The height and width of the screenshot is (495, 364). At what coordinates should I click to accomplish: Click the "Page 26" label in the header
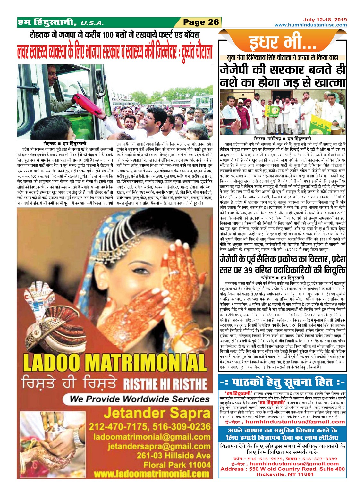click(201, 22)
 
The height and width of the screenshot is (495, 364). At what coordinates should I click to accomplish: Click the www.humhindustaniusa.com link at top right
click(310, 25)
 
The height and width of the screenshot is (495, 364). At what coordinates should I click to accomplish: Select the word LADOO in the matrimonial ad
click(51, 363)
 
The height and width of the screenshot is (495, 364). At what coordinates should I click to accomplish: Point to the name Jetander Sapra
click(157, 413)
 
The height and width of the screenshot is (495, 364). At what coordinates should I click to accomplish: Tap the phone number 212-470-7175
click(118, 427)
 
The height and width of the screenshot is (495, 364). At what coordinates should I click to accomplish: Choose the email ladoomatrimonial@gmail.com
click(152, 437)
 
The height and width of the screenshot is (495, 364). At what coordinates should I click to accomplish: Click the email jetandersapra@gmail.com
click(159, 446)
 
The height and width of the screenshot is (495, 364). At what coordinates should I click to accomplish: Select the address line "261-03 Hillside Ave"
click(174, 456)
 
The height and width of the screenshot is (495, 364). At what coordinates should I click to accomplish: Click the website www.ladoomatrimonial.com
click(151, 474)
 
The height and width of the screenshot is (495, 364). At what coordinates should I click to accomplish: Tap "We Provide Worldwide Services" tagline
click(140, 399)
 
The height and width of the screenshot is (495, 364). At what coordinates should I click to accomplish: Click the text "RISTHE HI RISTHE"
click(165, 383)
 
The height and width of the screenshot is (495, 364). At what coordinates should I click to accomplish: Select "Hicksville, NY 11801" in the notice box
click(283, 474)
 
